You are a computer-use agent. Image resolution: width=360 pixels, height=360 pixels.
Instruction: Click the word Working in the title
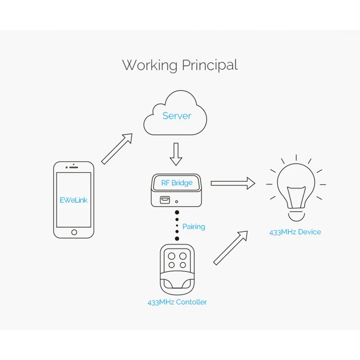coord(150,65)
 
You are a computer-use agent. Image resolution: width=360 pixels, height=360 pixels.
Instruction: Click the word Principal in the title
coord(209,65)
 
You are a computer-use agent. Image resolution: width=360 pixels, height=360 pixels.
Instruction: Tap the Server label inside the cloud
coord(177,116)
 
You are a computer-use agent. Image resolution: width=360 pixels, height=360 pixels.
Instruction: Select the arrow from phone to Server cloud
coord(117,149)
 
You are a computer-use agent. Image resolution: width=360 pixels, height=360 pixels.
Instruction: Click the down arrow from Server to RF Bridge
coord(176,154)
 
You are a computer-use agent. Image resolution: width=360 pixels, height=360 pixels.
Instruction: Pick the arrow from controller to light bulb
coord(230,248)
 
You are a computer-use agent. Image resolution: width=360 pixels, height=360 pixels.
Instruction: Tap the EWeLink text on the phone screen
coord(74,200)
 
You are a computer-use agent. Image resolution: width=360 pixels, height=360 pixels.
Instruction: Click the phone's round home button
coord(74,232)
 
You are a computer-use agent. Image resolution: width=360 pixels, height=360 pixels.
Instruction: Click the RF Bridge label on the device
coord(177,183)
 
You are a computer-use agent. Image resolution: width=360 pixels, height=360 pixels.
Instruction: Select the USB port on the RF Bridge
coord(166,200)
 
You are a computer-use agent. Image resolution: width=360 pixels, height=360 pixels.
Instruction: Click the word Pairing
coord(193,226)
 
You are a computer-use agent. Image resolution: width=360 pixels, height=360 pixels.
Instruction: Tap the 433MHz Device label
coord(295,232)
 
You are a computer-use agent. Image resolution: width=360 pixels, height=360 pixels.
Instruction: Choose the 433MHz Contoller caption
coord(177,302)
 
